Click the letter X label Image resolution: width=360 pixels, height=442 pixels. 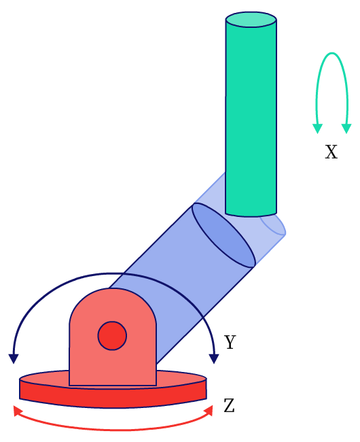[x=331, y=152]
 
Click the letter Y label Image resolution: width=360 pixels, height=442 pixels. [x=230, y=342]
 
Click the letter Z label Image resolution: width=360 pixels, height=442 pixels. [x=229, y=406]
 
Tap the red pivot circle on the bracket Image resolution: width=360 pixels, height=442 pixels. [x=112, y=335]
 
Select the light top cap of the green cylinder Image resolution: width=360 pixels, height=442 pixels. [x=251, y=20]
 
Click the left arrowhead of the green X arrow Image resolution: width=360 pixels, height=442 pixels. [x=317, y=129]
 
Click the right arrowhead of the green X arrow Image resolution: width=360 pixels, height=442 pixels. [x=346, y=129]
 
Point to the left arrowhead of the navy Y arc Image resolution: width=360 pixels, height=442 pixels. [x=14, y=358]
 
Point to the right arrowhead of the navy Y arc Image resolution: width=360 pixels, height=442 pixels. [x=214, y=358]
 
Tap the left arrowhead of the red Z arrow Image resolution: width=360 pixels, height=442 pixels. [x=18, y=411]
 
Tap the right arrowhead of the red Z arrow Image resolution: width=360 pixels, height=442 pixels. [x=209, y=411]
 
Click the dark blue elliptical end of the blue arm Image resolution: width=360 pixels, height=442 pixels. [x=223, y=235]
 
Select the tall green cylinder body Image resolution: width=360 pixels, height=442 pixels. [x=251, y=118]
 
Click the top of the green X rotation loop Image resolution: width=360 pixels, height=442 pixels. [x=332, y=53]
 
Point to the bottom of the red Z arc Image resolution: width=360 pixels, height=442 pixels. [x=113, y=430]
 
